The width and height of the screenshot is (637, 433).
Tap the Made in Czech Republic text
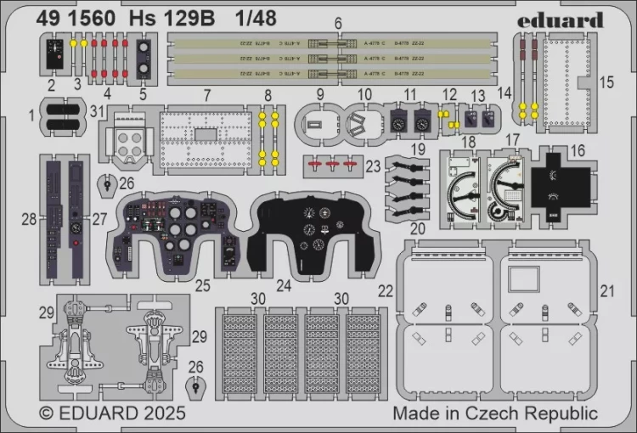pyautogui.click(x=495, y=413)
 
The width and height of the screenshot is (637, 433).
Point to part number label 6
pyautogui.click(x=337, y=23)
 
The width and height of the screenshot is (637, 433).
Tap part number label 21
pyautogui.click(x=606, y=290)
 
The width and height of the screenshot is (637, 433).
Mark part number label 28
pyautogui.click(x=30, y=219)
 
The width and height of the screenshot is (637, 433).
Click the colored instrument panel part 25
pyautogui.click(x=178, y=231)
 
